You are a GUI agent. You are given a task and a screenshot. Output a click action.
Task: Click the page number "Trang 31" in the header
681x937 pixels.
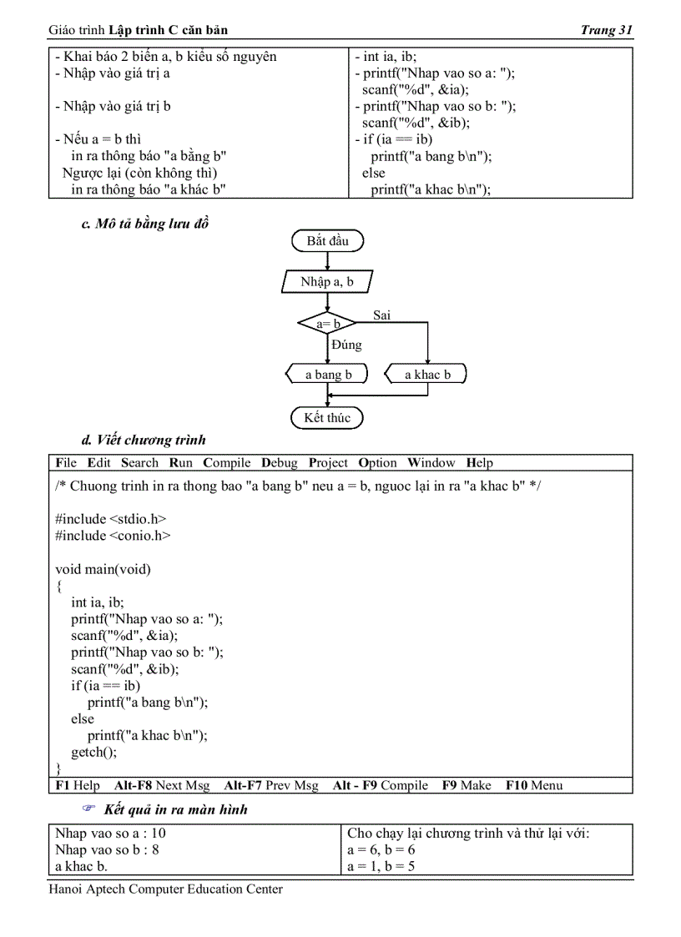(x=607, y=31)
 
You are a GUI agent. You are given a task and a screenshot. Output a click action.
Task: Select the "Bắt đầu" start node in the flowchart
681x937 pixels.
(x=327, y=241)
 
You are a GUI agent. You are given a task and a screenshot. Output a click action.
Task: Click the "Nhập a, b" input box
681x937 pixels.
(x=327, y=282)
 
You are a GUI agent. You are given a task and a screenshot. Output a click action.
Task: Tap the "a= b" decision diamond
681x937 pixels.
(x=328, y=323)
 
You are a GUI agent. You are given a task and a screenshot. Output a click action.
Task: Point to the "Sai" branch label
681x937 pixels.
(x=381, y=315)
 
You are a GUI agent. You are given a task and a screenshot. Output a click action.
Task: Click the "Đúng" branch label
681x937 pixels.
(x=346, y=345)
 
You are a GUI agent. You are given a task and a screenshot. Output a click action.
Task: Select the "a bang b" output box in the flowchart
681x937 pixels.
(x=328, y=375)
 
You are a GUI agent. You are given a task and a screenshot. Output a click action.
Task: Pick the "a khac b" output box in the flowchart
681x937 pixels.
(x=426, y=375)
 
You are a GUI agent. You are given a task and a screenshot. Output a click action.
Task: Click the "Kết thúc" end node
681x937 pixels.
(x=327, y=417)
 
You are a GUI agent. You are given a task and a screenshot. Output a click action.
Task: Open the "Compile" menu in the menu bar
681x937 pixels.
(x=227, y=463)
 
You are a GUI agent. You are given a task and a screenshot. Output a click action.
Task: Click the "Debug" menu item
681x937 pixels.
(x=279, y=463)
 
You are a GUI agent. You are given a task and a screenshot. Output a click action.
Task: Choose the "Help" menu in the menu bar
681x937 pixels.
(x=479, y=463)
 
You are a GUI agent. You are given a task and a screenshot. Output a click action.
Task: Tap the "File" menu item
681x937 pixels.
(x=66, y=463)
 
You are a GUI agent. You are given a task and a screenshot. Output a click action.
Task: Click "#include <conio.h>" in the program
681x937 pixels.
(x=113, y=536)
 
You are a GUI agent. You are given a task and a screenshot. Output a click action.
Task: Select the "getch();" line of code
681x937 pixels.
(x=94, y=752)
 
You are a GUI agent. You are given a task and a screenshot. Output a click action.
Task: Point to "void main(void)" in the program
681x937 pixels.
(x=103, y=569)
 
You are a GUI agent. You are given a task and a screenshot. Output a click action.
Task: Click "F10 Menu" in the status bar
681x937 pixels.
(x=533, y=785)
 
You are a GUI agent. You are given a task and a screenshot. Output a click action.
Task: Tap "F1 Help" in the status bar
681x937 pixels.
(x=78, y=785)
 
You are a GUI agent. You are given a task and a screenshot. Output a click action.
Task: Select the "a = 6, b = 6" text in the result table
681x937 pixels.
(x=381, y=850)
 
